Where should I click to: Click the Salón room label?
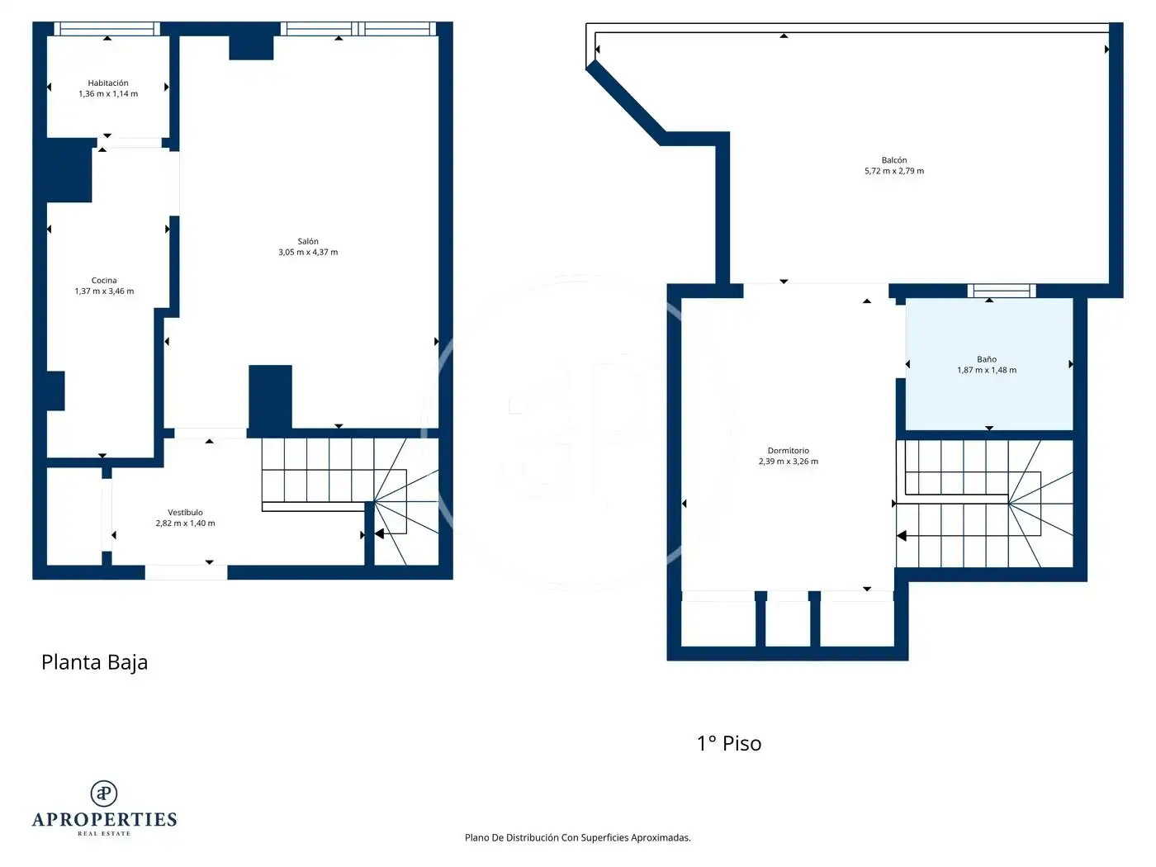click(x=307, y=241)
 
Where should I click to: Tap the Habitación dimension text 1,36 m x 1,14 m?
click(x=108, y=93)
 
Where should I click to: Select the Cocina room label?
click(x=104, y=280)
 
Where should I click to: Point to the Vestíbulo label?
click(x=185, y=512)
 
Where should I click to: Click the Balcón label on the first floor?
click(x=893, y=160)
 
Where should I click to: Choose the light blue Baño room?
click(x=989, y=364)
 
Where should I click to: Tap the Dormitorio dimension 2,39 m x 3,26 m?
click(x=788, y=461)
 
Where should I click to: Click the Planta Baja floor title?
click(x=94, y=662)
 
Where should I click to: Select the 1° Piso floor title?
click(x=729, y=743)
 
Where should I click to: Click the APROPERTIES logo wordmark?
click(x=104, y=819)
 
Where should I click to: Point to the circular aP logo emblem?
click(x=104, y=794)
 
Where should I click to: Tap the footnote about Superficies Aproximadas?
click(x=577, y=837)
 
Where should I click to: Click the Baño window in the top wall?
click(x=1001, y=291)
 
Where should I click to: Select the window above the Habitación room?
click(x=107, y=28)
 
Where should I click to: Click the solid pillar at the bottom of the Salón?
click(x=270, y=397)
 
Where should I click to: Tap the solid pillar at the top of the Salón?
click(x=251, y=47)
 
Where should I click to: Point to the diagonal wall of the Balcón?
click(x=626, y=102)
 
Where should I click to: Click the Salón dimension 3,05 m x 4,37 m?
click(x=307, y=252)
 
